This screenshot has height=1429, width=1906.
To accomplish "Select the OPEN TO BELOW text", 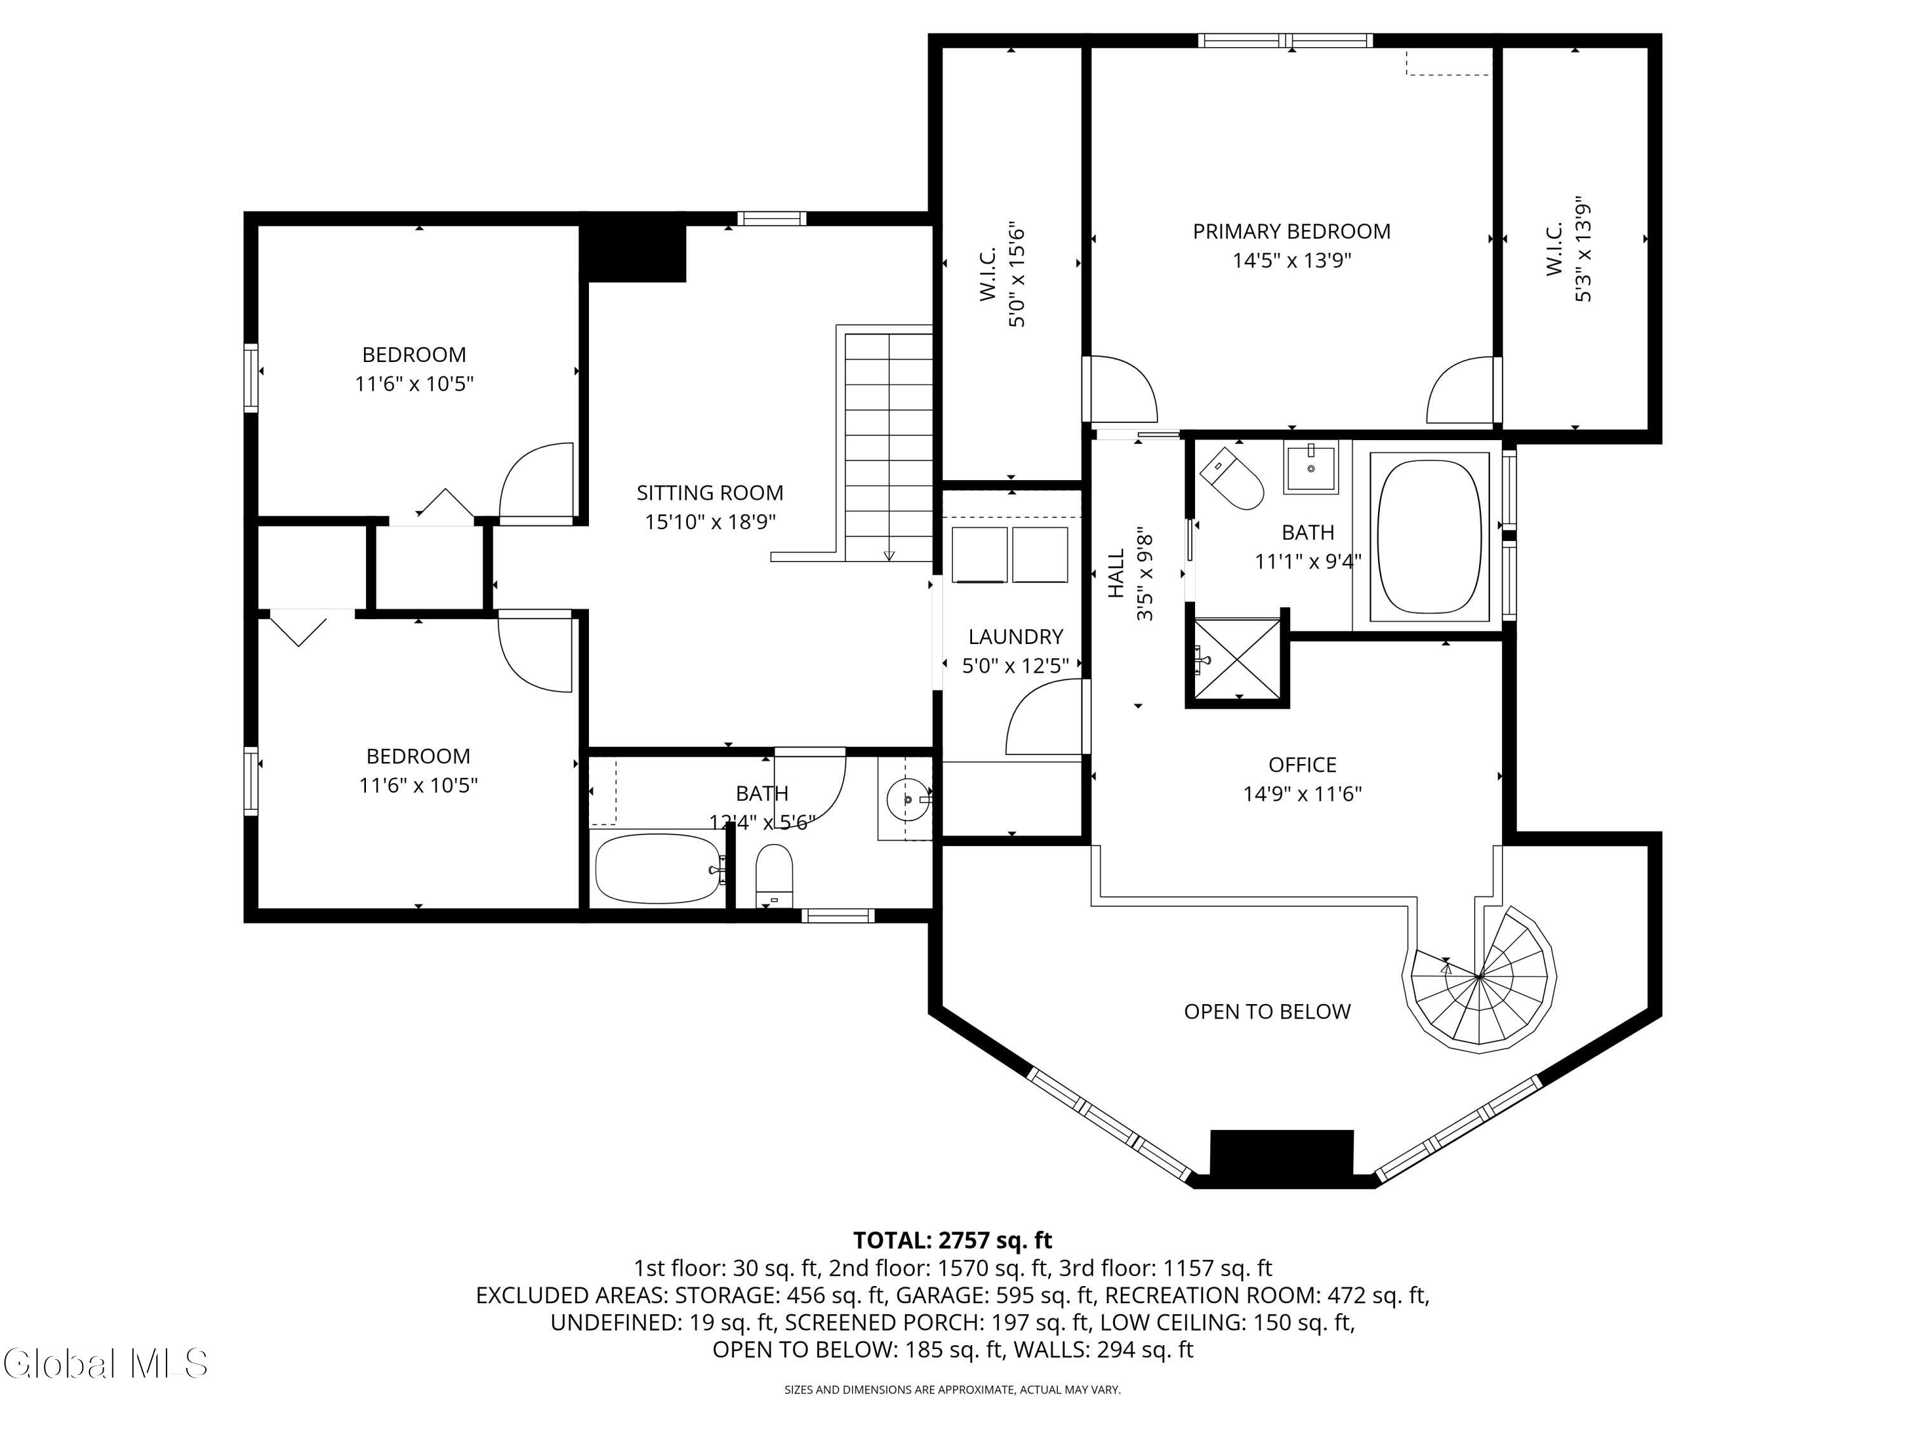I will pos(1267,1011).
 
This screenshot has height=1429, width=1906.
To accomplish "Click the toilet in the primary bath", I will pos(1232,479).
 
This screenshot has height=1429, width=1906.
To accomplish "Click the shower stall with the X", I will pos(1238,659).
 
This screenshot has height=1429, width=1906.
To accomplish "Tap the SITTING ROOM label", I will pos(710,493).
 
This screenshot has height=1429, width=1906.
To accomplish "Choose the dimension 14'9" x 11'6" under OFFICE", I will pos(1301,793).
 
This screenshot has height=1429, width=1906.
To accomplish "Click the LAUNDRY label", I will pos(1015,636).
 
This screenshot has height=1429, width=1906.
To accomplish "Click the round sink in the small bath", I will pos(907,800).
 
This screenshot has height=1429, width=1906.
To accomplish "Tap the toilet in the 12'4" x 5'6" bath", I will pos(774,873).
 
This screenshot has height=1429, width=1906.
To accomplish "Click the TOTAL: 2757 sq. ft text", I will pos(952,1240).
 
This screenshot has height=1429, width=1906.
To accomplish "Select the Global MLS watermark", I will pos(105,1364).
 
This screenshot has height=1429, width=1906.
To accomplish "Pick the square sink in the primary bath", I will pos(1311,467).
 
